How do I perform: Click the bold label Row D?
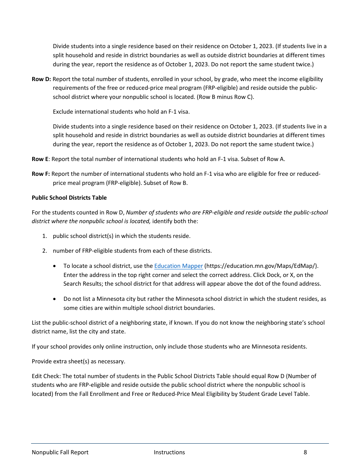click(x=41, y=79)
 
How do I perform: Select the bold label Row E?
click(x=40, y=159)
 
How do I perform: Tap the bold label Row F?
click(x=41, y=174)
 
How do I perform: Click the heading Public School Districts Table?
click(x=69, y=198)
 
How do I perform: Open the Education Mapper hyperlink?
click(x=178, y=266)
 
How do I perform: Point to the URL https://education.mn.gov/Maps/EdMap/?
click(x=260, y=266)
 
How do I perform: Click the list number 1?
click(x=44, y=236)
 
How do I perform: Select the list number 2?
click(x=44, y=251)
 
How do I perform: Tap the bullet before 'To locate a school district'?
click(x=56, y=266)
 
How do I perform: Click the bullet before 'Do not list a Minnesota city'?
click(x=56, y=299)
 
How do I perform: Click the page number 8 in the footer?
click(x=305, y=452)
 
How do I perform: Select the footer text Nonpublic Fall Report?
click(x=60, y=452)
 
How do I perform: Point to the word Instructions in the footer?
click(x=169, y=452)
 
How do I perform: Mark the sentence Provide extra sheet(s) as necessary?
click(x=78, y=361)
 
